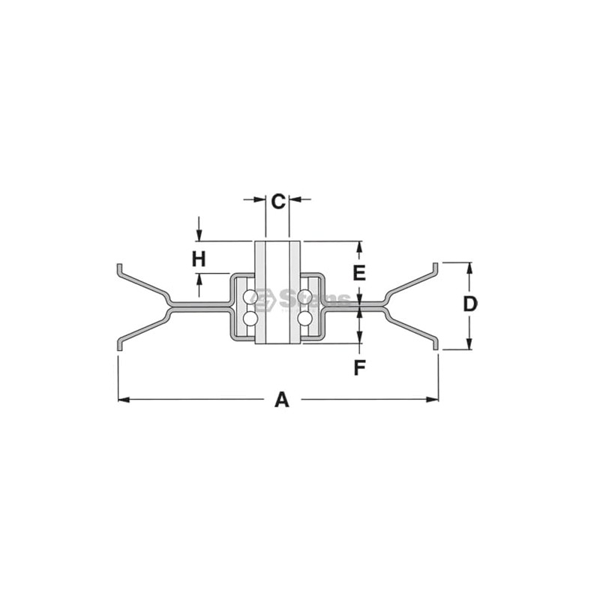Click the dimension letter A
[x=281, y=399]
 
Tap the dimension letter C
[x=277, y=201]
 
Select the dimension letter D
[x=469, y=304]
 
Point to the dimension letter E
[x=359, y=272]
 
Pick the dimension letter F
[x=359, y=367]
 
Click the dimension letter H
[x=198, y=259]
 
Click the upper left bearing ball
[x=250, y=298]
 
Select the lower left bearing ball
[x=250, y=319]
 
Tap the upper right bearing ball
[x=304, y=298]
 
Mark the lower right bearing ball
[x=304, y=319]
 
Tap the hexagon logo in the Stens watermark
[x=264, y=301]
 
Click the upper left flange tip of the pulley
[x=119, y=268]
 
